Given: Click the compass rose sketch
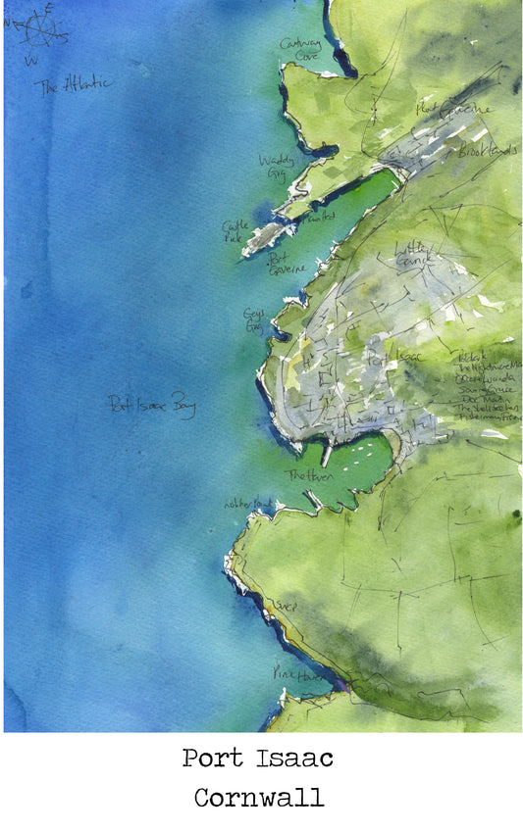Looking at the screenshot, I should (x=39, y=28).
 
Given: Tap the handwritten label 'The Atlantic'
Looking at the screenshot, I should (x=74, y=86).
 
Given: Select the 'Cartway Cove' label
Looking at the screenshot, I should (x=299, y=49).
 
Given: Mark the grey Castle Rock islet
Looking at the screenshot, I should (x=263, y=236).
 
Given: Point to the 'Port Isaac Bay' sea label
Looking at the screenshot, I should (x=152, y=404).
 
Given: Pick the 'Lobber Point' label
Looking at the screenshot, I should (x=245, y=502).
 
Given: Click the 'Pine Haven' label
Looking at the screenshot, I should (x=290, y=674).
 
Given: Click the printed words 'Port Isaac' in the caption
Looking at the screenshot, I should (x=257, y=758).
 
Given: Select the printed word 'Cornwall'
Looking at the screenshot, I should (x=258, y=797).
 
